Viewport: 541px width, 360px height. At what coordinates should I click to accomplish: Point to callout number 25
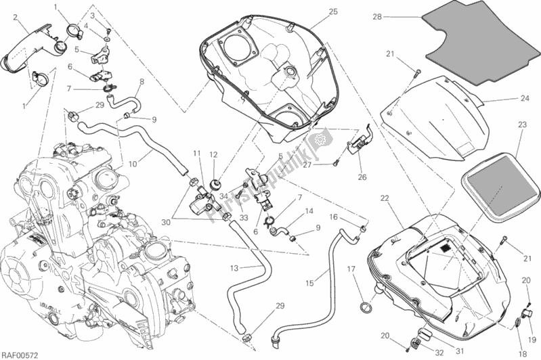click(x=333, y=12)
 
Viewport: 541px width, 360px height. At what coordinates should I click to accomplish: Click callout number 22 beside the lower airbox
click(x=384, y=198)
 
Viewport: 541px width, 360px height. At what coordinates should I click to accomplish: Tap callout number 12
click(x=213, y=154)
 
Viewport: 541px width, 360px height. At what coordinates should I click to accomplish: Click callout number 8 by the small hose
click(x=142, y=82)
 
